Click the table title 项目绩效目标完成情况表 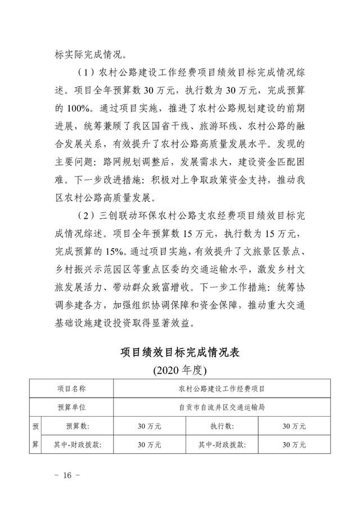(x=180, y=353)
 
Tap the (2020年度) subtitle (x=180, y=371)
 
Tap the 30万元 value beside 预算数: (x=149, y=426)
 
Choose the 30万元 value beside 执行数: (x=294, y=426)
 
